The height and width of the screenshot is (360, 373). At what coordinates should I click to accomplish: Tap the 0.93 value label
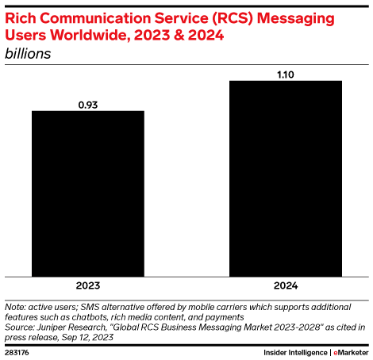point(87,103)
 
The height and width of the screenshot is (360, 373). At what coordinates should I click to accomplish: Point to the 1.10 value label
point(285,73)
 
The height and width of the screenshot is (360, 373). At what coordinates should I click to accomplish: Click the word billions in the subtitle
point(29,54)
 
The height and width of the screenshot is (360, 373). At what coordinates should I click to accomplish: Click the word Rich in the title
point(21,17)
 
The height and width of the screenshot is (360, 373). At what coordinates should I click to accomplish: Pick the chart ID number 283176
point(18,351)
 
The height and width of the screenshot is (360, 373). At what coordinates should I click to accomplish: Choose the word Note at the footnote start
point(14,306)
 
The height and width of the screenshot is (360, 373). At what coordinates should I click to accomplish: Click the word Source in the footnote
point(20,326)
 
